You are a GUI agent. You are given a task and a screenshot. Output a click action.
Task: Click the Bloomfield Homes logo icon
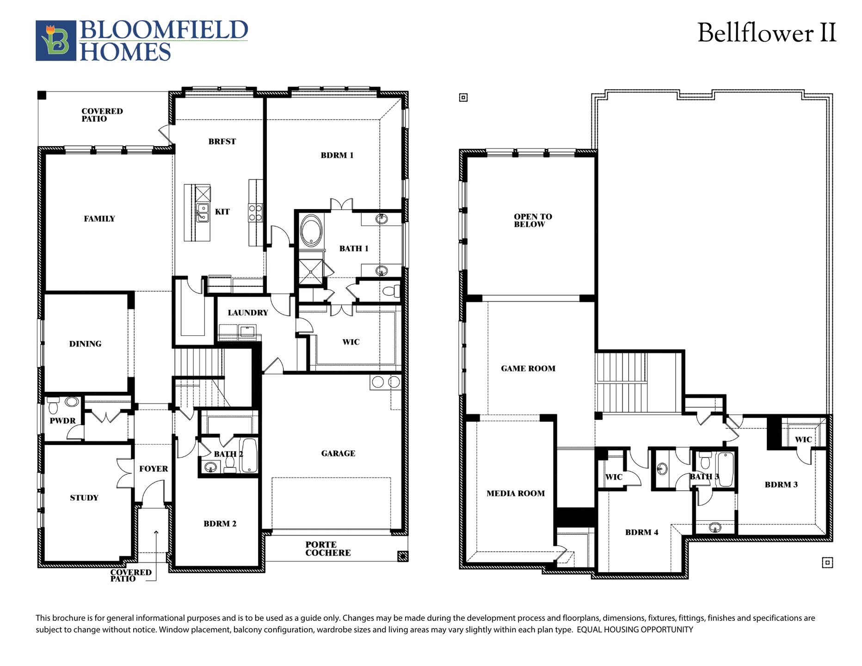pyautogui.click(x=55, y=40)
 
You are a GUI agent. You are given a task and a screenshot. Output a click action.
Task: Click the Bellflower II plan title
pyautogui.click(x=766, y=33)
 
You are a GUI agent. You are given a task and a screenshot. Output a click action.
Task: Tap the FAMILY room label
pyautogui.click(x=99, y=219)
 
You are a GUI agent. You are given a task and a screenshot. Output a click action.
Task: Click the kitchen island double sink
pyautogui.click(x=203, y=213)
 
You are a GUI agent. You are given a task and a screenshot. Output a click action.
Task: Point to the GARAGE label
pyautogui.click(x=338, y=453)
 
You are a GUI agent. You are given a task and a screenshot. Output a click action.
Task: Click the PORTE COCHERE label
pyautogui.click(x=328, y=549)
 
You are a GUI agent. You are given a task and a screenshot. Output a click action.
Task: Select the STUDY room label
pyautogui.click(x=84, y=498)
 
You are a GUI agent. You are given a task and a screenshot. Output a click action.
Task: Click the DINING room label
pyautogui.click(x=85, y=344)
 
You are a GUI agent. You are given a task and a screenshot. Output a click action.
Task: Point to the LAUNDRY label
pyautogui.click(x=248, y=313)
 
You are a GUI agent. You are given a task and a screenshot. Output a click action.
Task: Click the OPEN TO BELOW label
pyautogui.click(x=532, y=220)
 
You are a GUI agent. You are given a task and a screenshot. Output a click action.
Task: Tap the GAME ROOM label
pyautogui.click(x=528, y=369)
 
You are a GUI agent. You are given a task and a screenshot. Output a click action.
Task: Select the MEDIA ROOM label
pyautogui.click(x=516, y=493)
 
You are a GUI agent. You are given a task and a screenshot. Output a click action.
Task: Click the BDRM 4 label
pyautogui.click(x=641, y=532)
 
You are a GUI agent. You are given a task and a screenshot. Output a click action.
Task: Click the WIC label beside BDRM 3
pyautogui.click(x=803, y=439)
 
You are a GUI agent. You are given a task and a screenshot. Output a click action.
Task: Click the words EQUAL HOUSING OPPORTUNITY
pyautogui.click(x=635, y=629)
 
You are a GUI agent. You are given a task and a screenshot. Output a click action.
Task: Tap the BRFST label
pyautogui.click(x=222, y=142)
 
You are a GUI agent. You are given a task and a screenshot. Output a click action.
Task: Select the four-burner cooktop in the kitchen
pyautogui.click(x=256, y=212)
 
